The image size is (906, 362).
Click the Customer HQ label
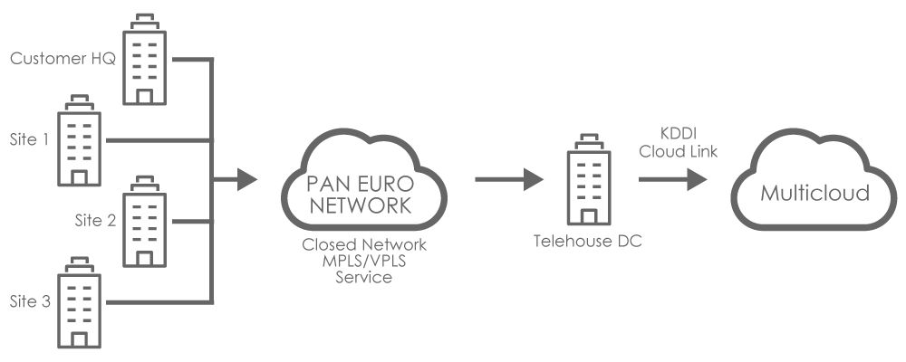pos(63,58)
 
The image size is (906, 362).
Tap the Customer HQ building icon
pos(144,59)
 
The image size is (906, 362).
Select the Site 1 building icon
pos(79,140)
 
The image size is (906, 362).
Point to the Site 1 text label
pos(30,139)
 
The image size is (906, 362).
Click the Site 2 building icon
pos(144,221)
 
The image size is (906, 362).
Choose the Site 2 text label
pos(95,220)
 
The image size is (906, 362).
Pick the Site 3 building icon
pos(79,302)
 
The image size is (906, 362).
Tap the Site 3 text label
pos(30,301)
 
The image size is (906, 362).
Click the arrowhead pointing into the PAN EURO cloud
pos(246,179)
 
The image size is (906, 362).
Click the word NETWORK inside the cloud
pos(361,205)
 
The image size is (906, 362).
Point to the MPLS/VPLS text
pos(364,261)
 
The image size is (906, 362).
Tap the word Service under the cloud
pos(364,277)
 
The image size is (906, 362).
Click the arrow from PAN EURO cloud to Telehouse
pos(509,179)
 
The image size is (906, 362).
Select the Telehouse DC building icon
pos(589,179)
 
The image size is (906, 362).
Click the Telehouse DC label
pos(588,241)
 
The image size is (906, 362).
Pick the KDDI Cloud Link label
pos(679,143)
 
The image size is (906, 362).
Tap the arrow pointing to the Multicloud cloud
pos(672,179)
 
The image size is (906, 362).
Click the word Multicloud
pos(814,193)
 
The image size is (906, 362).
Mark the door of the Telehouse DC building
pos(589,217)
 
